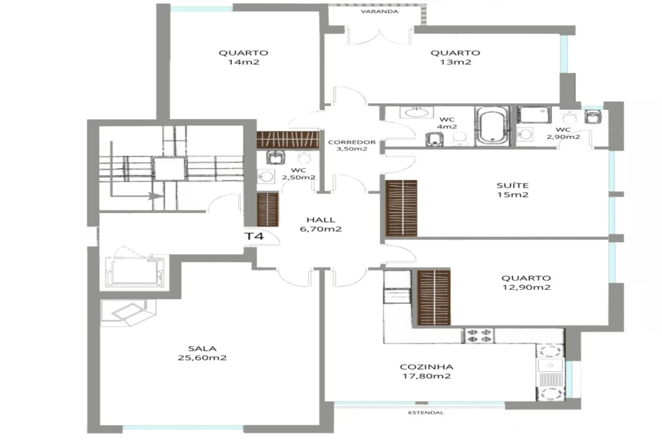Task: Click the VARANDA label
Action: point(379,12)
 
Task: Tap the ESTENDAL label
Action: point(426,413)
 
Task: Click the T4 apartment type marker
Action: point(254,236)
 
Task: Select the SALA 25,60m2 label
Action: point(202,353)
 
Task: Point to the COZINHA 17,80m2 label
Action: point(426,371)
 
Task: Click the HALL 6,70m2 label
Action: point(321,224)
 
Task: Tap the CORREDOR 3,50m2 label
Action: point(352,145)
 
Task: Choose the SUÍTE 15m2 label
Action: point(512,190)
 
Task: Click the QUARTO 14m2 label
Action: point(243,58)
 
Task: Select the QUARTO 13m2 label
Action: point(455,58)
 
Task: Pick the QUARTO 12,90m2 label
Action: point(526,282)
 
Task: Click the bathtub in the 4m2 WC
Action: point(492,126)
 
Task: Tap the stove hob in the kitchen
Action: point(479,335)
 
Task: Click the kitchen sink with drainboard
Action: point(550,372)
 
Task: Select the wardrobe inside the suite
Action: point(401,208)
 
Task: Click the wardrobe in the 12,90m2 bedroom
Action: point(433,298)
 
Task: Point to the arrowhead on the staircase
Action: point(156,196)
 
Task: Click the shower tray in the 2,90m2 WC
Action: point(535,115)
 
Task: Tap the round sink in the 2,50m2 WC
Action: point(266,177)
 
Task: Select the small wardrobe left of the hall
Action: point(268,209)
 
